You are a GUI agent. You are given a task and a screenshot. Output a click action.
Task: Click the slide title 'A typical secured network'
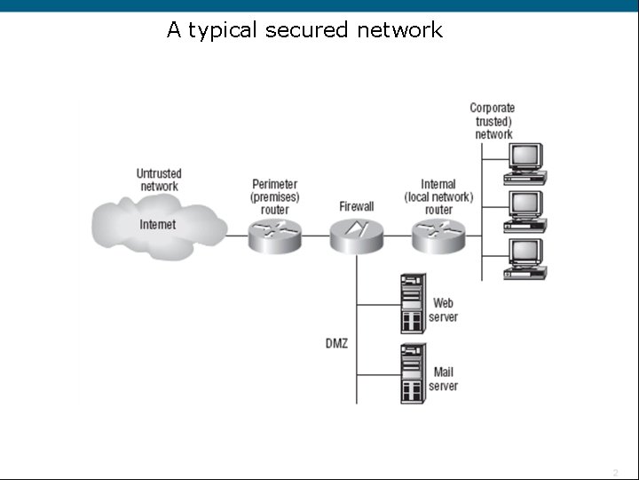click(304, 30)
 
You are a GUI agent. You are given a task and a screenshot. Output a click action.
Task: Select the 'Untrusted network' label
click(159, 180)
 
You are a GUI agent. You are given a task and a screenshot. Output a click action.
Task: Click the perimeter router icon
click(275, 236)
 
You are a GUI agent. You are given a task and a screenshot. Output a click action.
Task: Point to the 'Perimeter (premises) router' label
click(275, 196)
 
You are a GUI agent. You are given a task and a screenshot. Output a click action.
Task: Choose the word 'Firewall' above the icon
click(356, 206)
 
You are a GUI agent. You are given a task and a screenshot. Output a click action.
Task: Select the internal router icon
click(438, 236)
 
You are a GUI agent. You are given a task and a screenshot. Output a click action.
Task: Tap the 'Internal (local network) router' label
click(438, 196)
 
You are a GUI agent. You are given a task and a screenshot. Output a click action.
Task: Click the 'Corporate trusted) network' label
click(493, 121)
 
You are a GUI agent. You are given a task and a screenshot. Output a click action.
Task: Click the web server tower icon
click(413, 303)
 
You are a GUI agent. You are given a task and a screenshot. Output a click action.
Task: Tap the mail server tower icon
click(413, 372)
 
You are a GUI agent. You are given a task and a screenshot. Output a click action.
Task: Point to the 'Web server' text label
click(443, 310)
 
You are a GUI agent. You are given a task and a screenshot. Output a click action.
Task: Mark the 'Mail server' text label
click(443, 379)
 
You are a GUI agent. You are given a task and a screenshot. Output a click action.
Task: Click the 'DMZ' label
click(336, 343)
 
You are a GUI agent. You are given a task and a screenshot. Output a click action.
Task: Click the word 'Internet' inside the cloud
click(158, 224)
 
